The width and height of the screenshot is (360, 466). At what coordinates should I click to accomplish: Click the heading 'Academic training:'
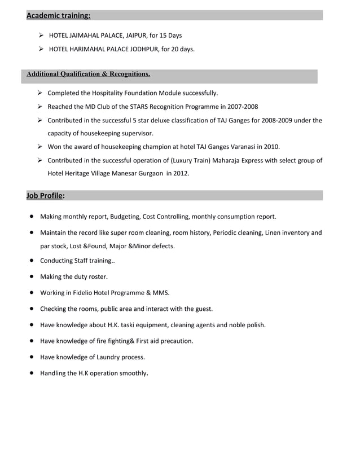pyautogui.click(x=58, y=15)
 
